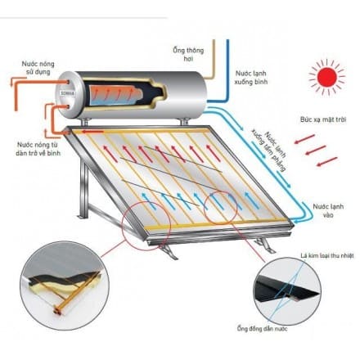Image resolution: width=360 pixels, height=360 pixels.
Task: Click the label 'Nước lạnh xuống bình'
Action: (x=251, y=77)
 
